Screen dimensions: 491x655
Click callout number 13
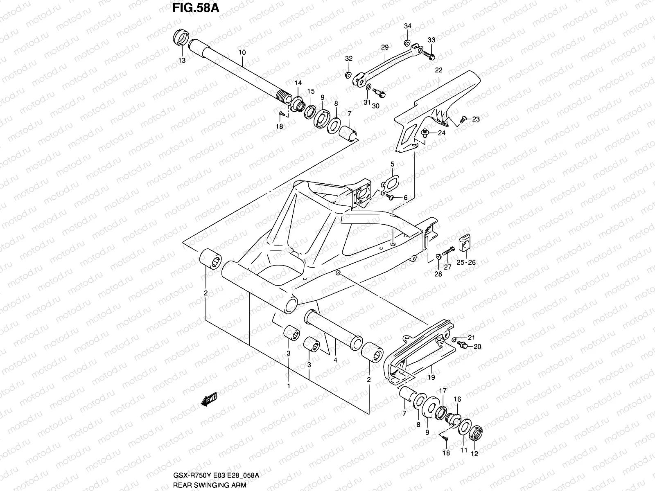(182, 60)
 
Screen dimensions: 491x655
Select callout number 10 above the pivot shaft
(242, 52)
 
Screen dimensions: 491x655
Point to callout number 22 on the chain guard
(438, 70)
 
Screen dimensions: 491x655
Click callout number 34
(408, 26)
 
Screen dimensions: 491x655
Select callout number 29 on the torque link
(384, 47)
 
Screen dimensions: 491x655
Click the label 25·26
(466, 262)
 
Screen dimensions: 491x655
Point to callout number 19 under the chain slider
(431, 377)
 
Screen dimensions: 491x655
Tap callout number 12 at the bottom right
(474, 453)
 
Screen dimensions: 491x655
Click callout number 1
(289, 386)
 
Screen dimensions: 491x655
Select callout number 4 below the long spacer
(335, 360)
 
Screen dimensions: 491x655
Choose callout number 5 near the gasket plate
(392, 164)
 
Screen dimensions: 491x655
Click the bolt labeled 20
(463, 346)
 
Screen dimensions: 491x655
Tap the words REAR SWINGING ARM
(209, 484)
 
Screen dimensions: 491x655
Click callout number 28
(438, 274)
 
